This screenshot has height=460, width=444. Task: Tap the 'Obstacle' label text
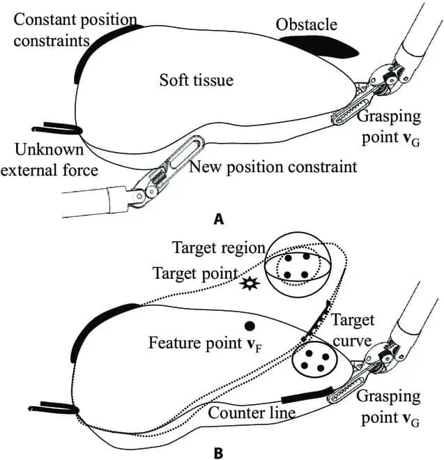coord(306,25)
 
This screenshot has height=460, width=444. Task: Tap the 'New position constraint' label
coord(273,167)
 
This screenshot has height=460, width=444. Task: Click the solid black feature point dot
coord(248,325)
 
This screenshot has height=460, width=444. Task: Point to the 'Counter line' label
coord(254,413)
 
